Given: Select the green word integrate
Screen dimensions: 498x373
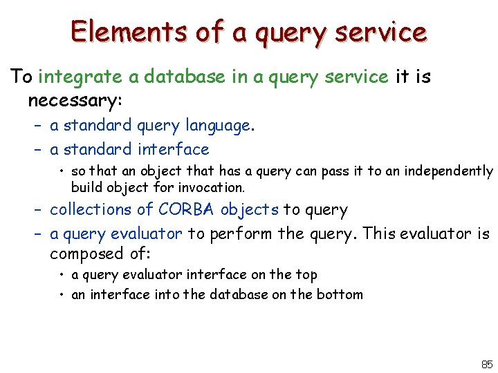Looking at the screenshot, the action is [74, 77].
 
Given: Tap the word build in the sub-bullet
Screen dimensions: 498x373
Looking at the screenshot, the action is [85, 187].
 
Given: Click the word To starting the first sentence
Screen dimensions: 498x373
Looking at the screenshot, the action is [22, 77].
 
